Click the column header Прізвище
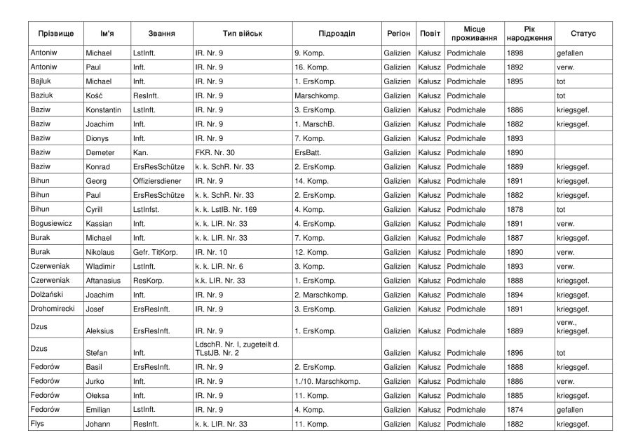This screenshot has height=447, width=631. tap(53, 34)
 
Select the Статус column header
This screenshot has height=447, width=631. tap(583, 34)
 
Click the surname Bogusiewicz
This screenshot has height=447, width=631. tap(53, 224)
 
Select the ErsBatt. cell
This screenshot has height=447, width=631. tap(308, 152)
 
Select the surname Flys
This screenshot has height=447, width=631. tap(38, 424)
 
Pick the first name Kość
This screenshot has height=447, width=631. tap(94, 95)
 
